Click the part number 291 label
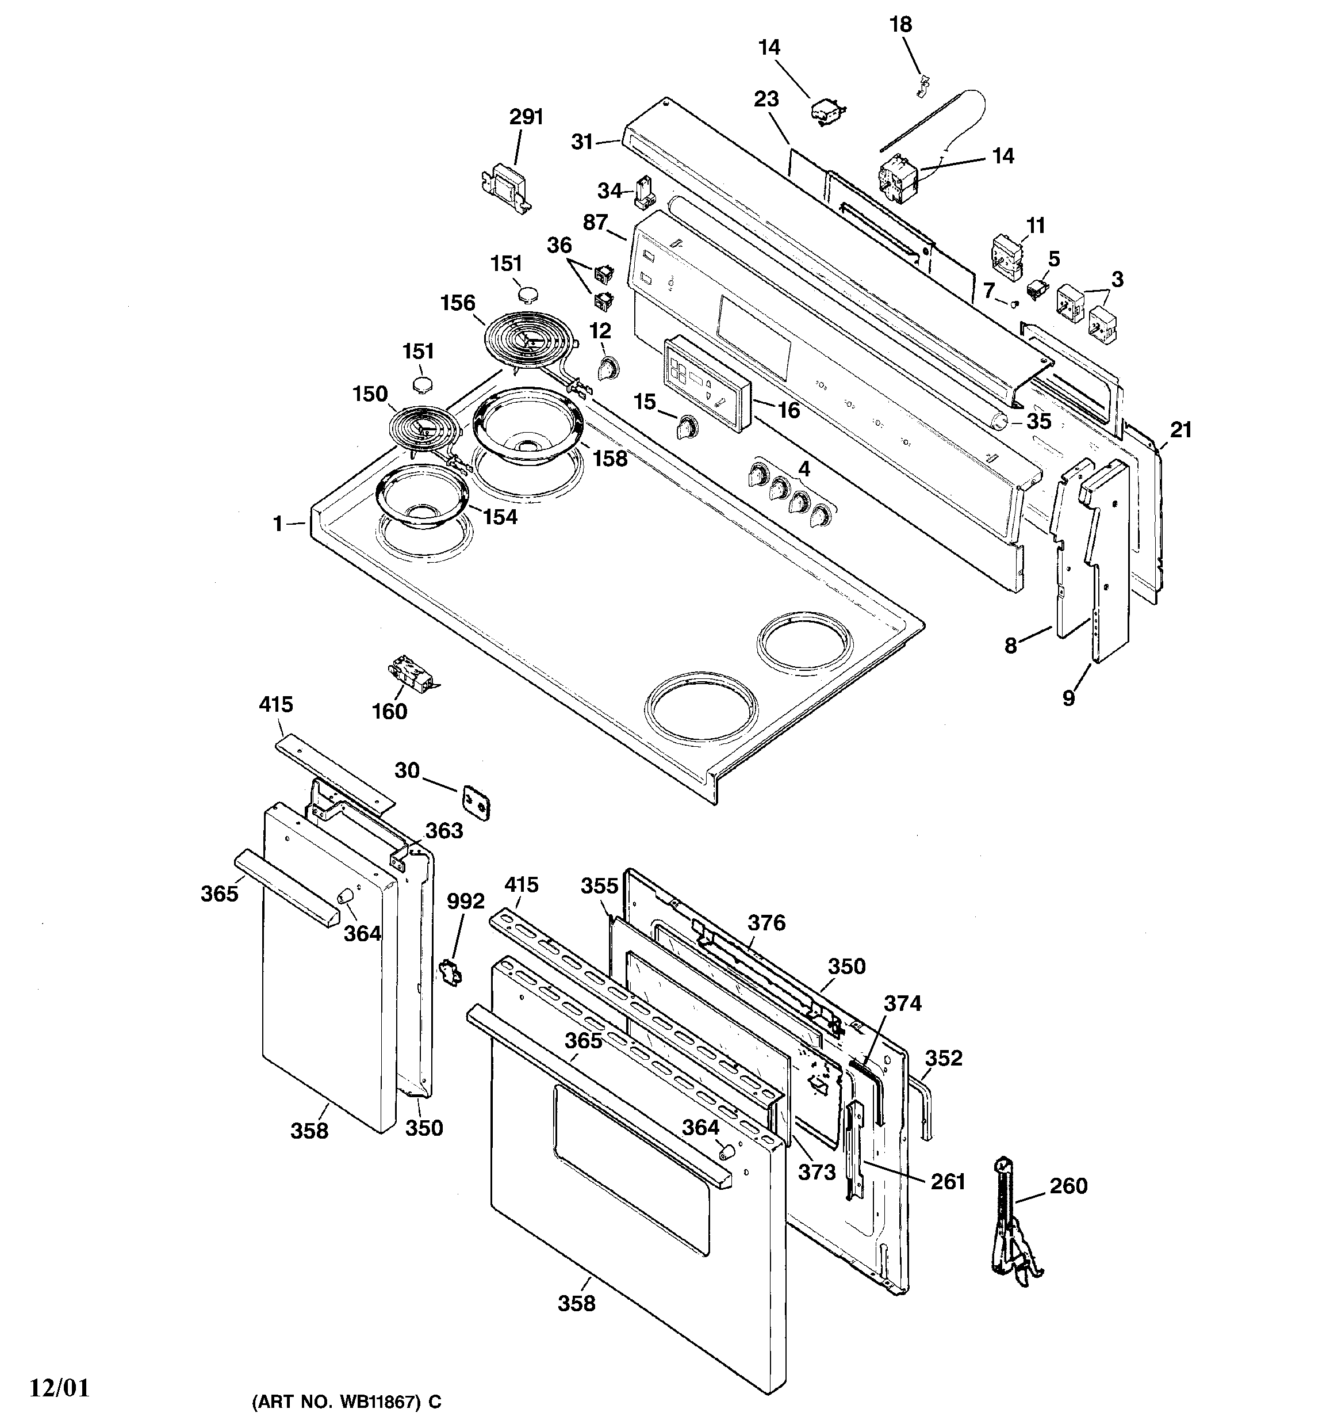(526, 117)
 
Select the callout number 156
(458, 303)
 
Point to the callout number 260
(1068, 1186)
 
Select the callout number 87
(595, 223)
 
